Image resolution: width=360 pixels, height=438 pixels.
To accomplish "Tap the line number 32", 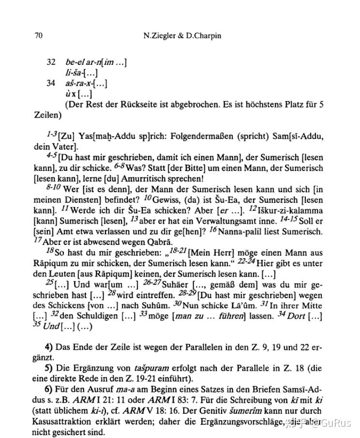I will coord(51,62).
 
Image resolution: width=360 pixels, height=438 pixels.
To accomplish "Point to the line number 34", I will coord(51,83).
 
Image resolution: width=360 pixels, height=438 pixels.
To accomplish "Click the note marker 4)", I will coord(48,347).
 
